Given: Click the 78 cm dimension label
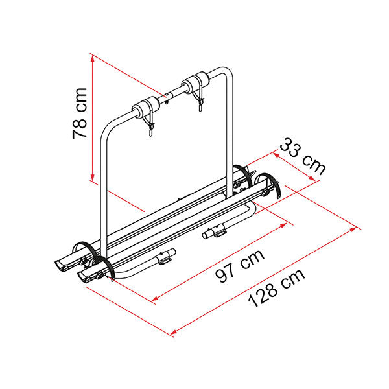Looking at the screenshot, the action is pyautogui.click(x=80, y=113).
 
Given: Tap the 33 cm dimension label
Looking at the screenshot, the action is pyautogui.click(x=303, y=157).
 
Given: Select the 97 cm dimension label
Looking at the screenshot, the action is pyautogui.click(x=240, y=266).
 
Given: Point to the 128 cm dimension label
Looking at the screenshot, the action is pyautogui.click(x=276, y=288).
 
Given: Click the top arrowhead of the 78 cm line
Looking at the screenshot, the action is pyautogui.click(x=93, y=58).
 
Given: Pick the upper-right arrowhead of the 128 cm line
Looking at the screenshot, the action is pyautogui.click(x=354, y=229).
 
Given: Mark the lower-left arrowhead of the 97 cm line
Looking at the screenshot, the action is pyautogui.click(x=154, y=299).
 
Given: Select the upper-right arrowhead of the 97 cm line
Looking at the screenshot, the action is pyautogui.click(x=283, y=225).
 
